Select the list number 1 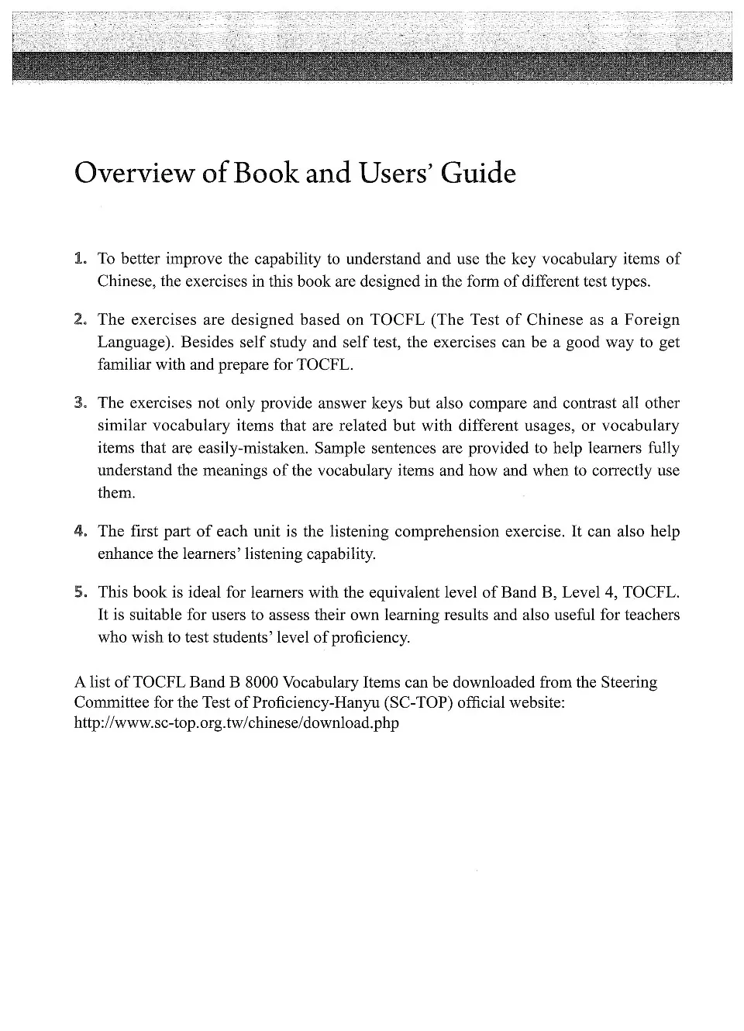(x=80, y=258)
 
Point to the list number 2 (x=80, y=319)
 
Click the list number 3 (x=80, y=402)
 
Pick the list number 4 (x=80, y=531)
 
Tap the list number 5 (x=80, y=592)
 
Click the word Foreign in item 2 (x=652, y=319)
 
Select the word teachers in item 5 (x=650, y=615)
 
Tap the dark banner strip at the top (x=372, y=66)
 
